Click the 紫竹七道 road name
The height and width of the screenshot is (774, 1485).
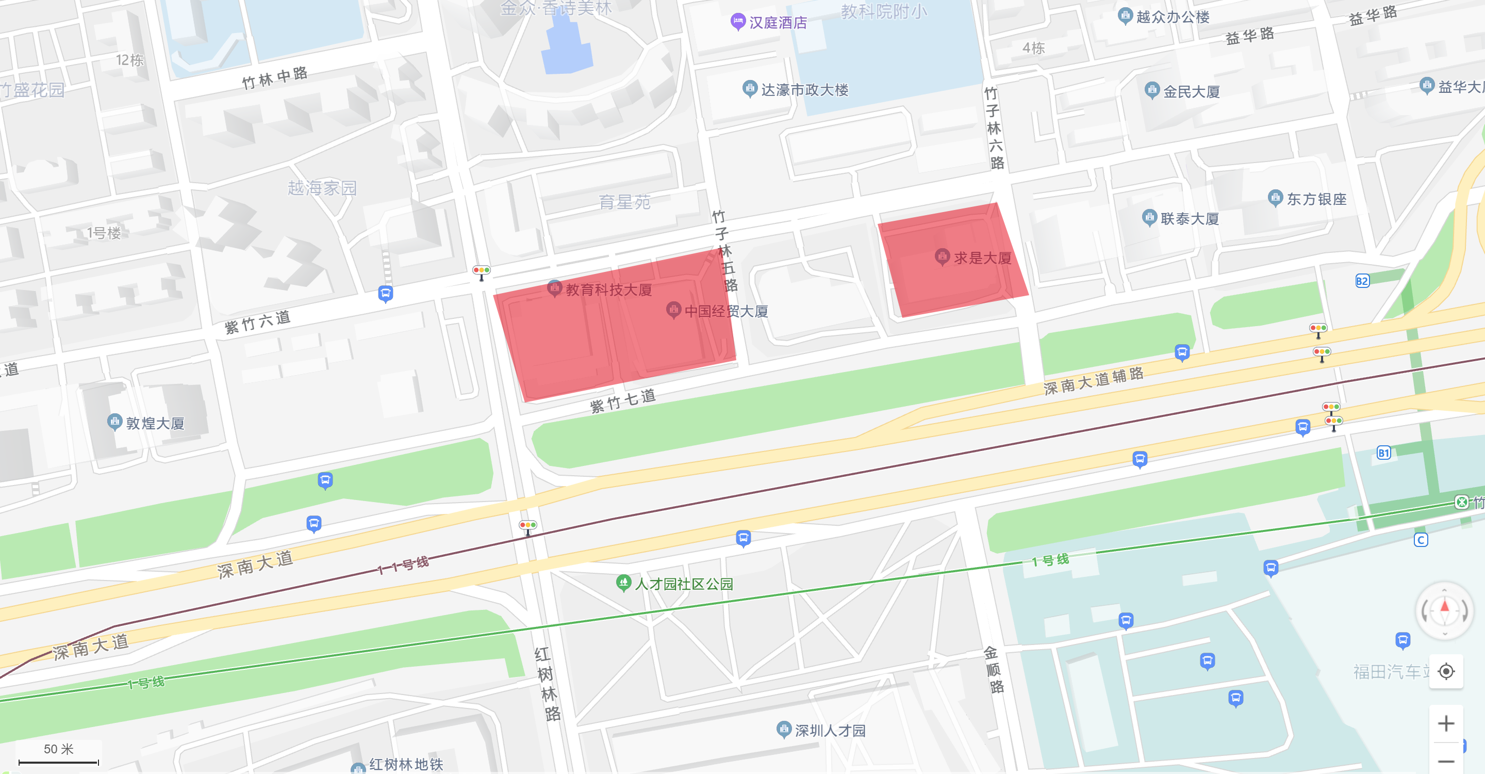click(622, 400)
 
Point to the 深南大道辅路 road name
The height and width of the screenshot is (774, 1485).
click(1093, 381)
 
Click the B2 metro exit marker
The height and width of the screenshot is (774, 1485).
click(1362, 281)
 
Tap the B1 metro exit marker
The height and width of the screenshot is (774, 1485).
click(1383, 453)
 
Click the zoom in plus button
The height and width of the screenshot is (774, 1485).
click(1445, 723)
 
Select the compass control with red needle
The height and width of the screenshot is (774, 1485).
click(1444, 610)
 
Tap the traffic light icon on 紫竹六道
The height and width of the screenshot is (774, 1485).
click(482, 271)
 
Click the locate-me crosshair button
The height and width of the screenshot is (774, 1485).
click(1445, 671)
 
